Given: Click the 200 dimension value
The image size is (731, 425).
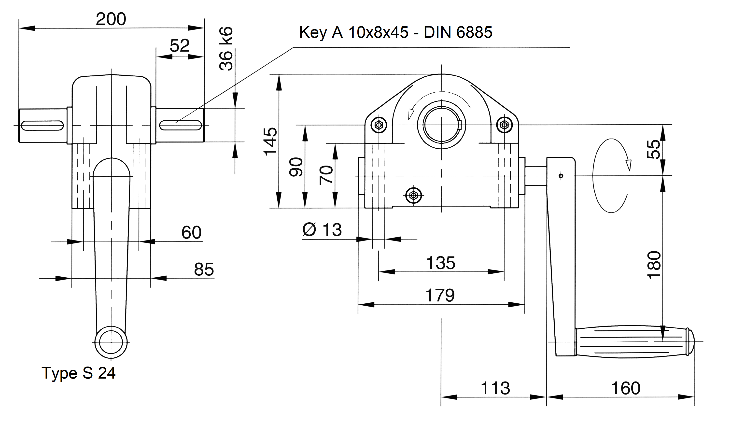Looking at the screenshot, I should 111,19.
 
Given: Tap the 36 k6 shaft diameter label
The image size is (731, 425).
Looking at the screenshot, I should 226,49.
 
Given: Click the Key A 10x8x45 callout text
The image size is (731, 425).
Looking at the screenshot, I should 396,32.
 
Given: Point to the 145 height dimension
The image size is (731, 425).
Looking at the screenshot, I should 270,141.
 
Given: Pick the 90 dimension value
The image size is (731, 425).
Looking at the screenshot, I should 296,167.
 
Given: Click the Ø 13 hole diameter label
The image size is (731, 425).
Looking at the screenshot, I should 322,230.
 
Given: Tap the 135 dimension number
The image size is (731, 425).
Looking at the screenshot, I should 441,263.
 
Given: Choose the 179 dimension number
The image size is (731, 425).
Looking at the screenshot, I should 440,296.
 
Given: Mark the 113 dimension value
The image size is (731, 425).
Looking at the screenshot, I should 495,388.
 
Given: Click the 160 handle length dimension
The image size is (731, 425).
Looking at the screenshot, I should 626,388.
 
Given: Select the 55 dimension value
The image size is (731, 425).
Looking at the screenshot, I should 654,149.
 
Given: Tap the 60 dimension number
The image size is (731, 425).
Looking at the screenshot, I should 191,232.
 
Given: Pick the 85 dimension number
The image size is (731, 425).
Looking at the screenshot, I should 204,269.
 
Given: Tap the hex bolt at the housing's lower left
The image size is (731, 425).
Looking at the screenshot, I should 413,195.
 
